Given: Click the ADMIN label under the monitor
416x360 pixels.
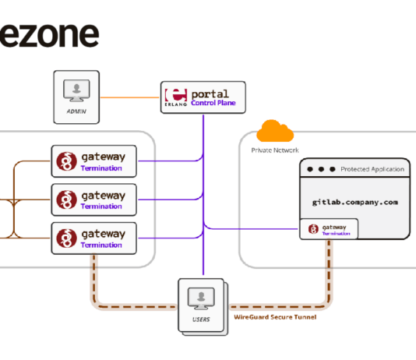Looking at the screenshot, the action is (76, 111).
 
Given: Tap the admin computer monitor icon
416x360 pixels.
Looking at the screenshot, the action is (76, 90).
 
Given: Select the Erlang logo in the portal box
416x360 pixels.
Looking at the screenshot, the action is (176, 97).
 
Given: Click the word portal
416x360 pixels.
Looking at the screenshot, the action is (210, 94).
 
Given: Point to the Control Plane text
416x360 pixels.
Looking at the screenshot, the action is (213, 103).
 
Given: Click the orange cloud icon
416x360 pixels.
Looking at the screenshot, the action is (275, 131).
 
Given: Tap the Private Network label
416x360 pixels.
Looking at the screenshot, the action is (275, 150).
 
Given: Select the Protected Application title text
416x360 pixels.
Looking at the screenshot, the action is (372, 169).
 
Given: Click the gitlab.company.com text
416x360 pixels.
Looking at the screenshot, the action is (355, 203).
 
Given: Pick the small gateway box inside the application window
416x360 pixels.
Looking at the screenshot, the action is (329, 229).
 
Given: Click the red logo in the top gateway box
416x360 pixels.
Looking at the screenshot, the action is (66, 161).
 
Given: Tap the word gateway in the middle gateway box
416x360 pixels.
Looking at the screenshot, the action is (103, 196).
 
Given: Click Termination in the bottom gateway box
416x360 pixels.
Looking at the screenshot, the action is (101, 245).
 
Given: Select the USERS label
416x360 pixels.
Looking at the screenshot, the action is (201, 319).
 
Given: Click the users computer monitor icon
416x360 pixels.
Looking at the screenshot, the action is (201, 298).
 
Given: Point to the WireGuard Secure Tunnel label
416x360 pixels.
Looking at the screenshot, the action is (275, 317).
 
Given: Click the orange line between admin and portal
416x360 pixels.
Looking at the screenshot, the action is (130, 97).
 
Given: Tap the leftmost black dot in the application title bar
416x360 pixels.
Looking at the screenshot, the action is (310, 169).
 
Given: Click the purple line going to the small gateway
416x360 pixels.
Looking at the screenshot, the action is (250, 228).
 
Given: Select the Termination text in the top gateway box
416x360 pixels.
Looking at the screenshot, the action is (101, 168).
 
